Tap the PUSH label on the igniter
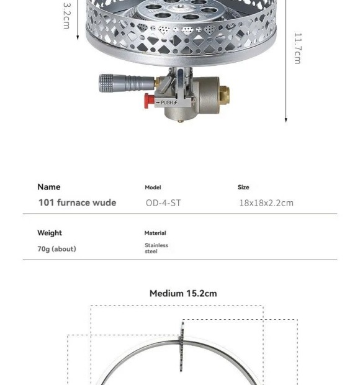pos(167,102)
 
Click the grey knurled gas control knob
pos(106,83)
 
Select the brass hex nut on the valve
pos(224,95)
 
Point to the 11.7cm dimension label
pos(297,48)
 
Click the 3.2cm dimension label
pos(66,16)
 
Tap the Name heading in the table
pos(49,187)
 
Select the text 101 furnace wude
pos(78,202)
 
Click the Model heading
pos(153,188)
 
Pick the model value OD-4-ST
pos(163,203)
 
